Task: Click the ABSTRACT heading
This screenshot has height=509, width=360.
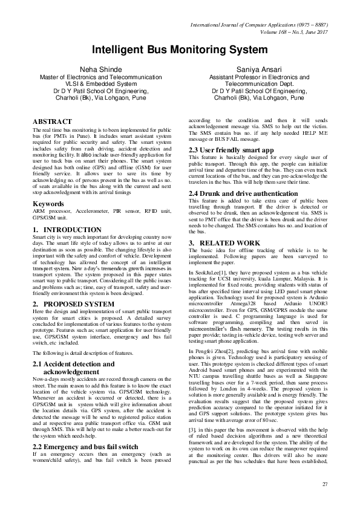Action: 51,122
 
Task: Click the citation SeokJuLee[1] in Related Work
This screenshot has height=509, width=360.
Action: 213,273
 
